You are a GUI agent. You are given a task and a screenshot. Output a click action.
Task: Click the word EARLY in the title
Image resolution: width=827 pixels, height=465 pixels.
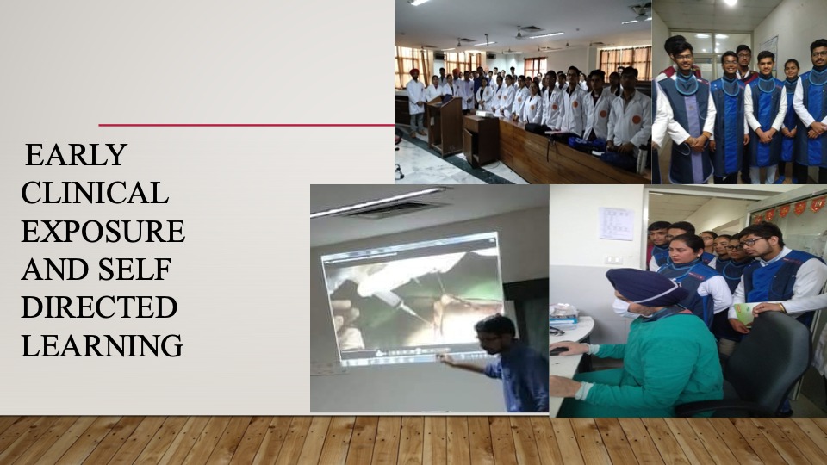(76, 154)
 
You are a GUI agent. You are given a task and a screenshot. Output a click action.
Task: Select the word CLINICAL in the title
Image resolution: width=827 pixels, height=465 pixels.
(95, 192)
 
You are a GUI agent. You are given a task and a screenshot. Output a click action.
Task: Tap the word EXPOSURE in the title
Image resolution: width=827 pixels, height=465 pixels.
(103, 231)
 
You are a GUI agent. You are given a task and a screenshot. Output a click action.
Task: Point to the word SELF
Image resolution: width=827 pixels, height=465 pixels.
(134, 269)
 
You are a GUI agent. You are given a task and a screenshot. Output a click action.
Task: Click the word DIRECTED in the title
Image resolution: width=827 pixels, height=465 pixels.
(99, 307)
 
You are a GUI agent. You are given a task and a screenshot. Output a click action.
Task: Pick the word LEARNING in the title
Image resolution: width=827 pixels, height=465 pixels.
(102, 346)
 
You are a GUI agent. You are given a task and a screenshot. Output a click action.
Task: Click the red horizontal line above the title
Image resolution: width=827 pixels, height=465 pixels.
(246, 125)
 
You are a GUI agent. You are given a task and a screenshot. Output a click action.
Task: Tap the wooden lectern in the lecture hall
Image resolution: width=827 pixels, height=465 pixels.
(445, 126)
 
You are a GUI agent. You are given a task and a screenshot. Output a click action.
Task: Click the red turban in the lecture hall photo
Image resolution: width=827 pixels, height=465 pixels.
(414, 72)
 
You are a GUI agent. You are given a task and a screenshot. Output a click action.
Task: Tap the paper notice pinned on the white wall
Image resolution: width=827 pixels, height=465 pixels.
(616, 224)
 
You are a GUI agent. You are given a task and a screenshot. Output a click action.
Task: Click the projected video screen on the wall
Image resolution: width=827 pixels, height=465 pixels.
(413, 299)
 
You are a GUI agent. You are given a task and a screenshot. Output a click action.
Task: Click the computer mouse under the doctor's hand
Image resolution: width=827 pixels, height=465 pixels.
(560, 350)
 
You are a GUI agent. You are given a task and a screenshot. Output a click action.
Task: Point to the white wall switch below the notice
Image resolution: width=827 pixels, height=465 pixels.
(612, 260)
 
